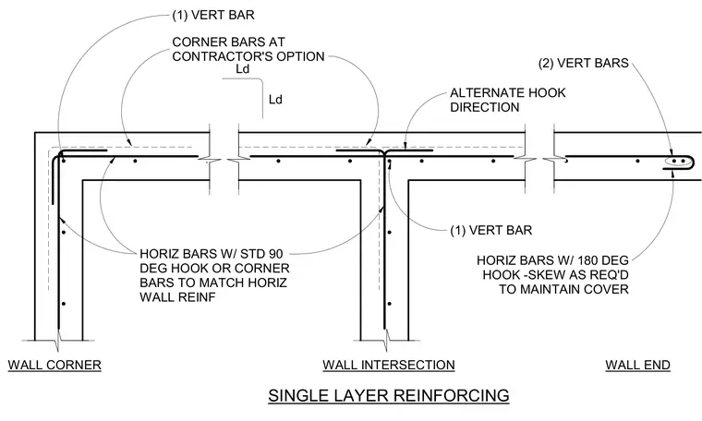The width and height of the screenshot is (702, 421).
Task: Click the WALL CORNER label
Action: tap(54, 365)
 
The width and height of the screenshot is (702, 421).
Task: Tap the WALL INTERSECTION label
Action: tap(389, 365)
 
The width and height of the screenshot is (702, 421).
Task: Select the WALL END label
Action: tap(638, 365)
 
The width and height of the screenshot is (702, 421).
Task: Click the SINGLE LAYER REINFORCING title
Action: tap(389, 395)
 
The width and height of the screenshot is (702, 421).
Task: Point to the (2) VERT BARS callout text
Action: tap(584, 63)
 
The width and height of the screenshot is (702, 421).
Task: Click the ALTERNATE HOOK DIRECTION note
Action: tap(508, 100)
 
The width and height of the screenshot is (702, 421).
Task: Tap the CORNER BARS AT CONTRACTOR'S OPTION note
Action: tap(248, 49)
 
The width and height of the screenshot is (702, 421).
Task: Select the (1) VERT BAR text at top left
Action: tap(213, 15)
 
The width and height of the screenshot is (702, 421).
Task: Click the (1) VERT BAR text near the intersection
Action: tap(491, 231)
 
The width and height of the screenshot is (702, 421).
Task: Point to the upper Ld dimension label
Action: tap(242, 69)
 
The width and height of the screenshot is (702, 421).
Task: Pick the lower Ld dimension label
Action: tap(275, 100)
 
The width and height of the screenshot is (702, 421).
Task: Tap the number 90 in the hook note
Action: tap(276, 254)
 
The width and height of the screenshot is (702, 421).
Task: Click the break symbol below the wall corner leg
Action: tap(58, 341)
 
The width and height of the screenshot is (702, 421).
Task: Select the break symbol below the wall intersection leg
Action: tap(385, 341)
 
